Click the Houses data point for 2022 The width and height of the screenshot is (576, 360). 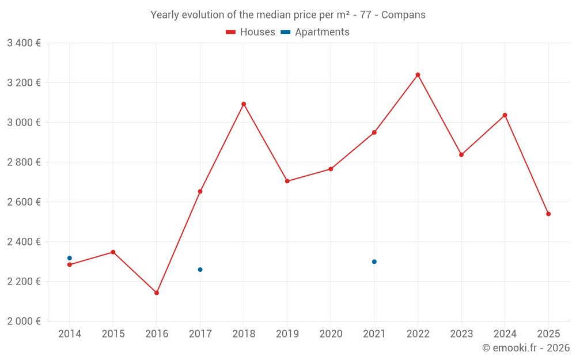[x=418, y=75]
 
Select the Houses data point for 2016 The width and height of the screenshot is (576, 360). [x=157, y=293]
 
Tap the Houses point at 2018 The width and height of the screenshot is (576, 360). [x=244, y=104]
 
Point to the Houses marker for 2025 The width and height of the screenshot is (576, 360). [x=548, y=214]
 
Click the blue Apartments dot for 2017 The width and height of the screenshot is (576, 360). [x=200, y=270]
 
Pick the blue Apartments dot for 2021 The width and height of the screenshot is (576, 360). [x=374, y=262]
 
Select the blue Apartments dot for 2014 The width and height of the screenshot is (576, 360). [x=70, y=258]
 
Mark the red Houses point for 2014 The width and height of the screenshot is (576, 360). [x=70, y=265]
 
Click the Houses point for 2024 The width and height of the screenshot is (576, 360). [x=505, y=115]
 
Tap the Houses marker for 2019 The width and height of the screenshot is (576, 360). [x=287, y=181]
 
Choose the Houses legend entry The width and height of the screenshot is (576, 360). [x=251, y=32]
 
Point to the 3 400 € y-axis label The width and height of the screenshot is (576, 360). [x=24, y=43]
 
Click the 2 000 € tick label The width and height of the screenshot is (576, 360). [x=24, y=321]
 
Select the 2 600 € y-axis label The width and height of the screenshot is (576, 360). [x=24, y=202]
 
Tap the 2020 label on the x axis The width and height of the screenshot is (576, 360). [x=331, y=334]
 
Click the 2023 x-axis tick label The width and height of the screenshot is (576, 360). [x=461, y=334]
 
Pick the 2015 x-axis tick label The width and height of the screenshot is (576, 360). [x=113, y=334]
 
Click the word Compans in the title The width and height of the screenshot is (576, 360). [x=405, y=15]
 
